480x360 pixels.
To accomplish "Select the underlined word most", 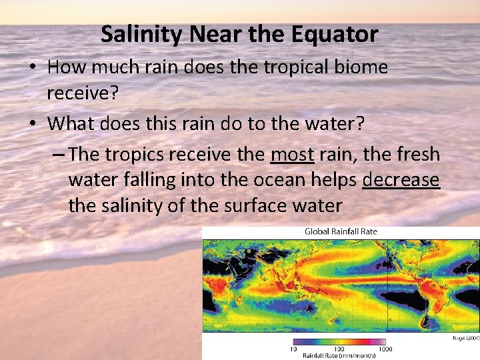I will [292, 155].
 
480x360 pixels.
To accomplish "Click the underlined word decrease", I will [401, 180].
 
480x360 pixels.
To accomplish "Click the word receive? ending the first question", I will [82, 93].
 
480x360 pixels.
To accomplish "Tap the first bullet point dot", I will [35, 68].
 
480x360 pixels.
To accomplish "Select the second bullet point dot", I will [35, 125].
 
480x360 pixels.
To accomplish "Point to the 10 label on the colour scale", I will [293, 349].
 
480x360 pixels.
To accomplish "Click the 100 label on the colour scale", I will [339, 349].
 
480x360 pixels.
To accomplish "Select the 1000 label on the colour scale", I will [385, 349].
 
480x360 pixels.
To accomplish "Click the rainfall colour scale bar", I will [340, 341].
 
